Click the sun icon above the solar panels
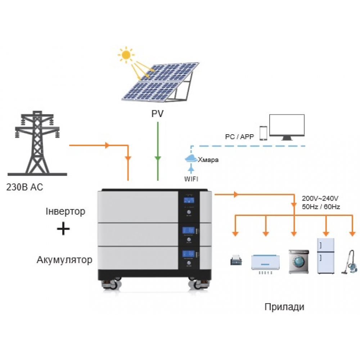[126, 55]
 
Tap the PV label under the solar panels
[157, 114]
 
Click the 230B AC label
[25, 187]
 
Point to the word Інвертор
[66, 211]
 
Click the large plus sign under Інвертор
[63, 229]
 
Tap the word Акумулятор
[64, 260]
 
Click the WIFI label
[191, 178]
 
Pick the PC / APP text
[239, 136]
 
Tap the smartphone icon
[264, 133]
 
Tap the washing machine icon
[298, 262]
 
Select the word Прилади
[284, 307]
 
